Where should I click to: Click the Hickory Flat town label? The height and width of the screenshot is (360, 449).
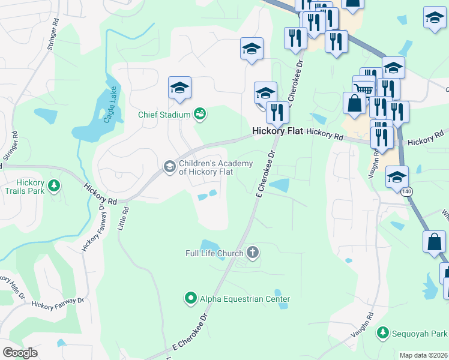277,131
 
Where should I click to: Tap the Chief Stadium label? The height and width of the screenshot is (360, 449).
164,114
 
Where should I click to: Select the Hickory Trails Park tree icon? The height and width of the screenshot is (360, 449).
55,185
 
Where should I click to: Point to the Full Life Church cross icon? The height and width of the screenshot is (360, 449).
253,253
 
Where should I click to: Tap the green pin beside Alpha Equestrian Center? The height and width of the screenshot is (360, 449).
190,298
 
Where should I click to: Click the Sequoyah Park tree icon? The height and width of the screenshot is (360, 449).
382,332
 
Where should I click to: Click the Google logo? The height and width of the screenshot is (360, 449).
20,353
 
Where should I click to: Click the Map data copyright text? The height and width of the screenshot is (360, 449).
423,355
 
